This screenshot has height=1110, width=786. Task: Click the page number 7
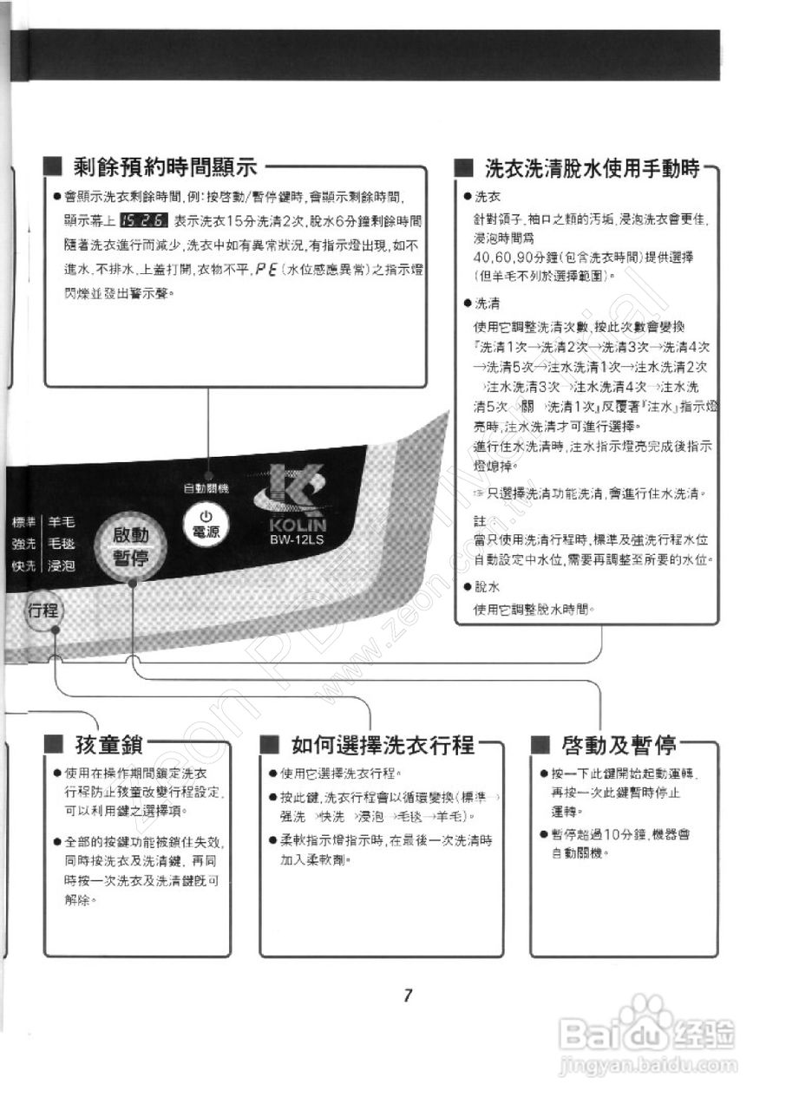coord(407,995)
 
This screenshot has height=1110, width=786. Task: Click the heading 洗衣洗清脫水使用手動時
coord(592,168)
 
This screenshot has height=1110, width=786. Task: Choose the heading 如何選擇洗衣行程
coord(383,745)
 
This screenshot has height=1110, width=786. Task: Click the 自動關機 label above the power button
coord(206,487)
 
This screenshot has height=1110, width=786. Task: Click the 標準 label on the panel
coord(23,522)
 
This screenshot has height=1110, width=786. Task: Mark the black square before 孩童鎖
coord(54,745)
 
